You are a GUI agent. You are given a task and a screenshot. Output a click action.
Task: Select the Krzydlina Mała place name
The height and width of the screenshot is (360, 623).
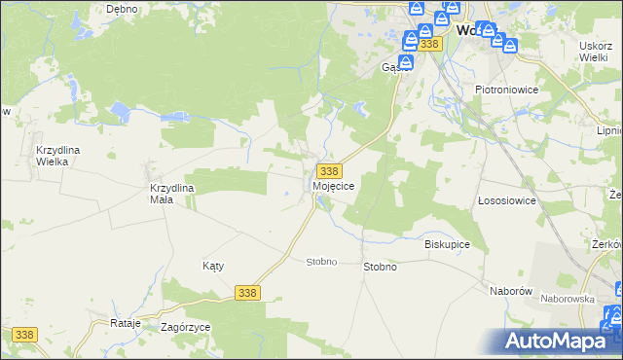click(x=174, y=193)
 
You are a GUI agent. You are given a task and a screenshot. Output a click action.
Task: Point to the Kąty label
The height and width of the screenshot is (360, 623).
click(x=213, y=266)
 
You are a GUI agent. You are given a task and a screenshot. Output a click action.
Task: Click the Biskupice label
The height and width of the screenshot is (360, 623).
click(x=448, y=244)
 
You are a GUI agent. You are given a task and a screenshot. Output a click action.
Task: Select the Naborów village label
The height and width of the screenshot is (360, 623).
click(x=509, y=291)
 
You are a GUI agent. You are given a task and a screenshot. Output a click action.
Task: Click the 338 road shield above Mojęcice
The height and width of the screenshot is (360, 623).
click(x=328, y=171)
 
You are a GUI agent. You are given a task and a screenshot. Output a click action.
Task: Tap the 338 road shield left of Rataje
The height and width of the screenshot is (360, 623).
click(x=24, y=335)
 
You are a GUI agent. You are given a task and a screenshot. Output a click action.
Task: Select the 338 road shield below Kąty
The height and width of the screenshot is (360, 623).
click(x=247, y=292)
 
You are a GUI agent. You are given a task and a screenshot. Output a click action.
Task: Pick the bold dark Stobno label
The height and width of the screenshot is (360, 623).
click(x=380, y=267)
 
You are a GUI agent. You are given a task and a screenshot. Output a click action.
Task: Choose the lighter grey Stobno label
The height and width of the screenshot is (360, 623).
click(x=321, y=262)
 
